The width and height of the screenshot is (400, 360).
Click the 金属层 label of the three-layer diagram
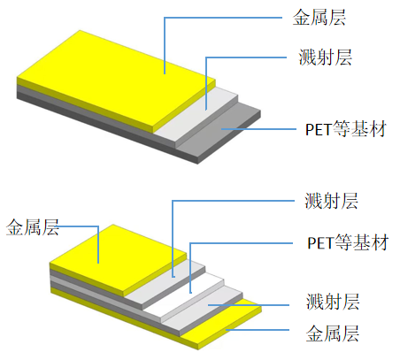[319, 18]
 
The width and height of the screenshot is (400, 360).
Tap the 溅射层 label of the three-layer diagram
[326, 57]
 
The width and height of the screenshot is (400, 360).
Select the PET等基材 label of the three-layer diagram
[346, 129]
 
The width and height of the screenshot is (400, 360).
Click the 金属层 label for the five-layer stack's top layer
[33, 227]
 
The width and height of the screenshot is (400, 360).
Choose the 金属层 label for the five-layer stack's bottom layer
[333, 333]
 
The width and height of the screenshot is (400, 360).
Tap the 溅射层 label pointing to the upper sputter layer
[331, 201]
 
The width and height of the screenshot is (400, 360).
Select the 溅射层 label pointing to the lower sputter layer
[333, 302]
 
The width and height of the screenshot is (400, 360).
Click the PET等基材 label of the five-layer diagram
[348, 242]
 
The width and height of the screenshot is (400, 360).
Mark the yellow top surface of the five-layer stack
[118, 259]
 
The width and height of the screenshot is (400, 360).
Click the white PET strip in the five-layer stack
[184, 295]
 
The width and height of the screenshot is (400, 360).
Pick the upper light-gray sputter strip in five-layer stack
[165, 283]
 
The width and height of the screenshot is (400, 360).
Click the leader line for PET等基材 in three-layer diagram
[258, 129]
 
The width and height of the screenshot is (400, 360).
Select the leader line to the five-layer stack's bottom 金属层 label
[258, 330]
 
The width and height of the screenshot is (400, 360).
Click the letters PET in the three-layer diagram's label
[319, 129]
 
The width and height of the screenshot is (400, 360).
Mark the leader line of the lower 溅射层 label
[249, 305]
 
